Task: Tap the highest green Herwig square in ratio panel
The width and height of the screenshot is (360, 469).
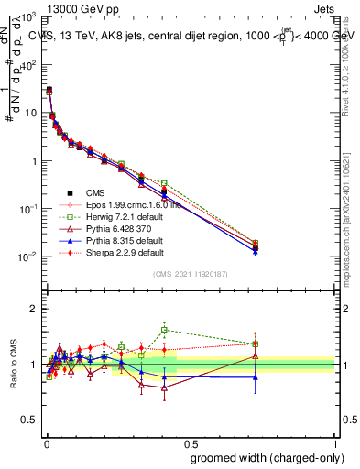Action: pyautogui.click(x=164, y=330)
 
